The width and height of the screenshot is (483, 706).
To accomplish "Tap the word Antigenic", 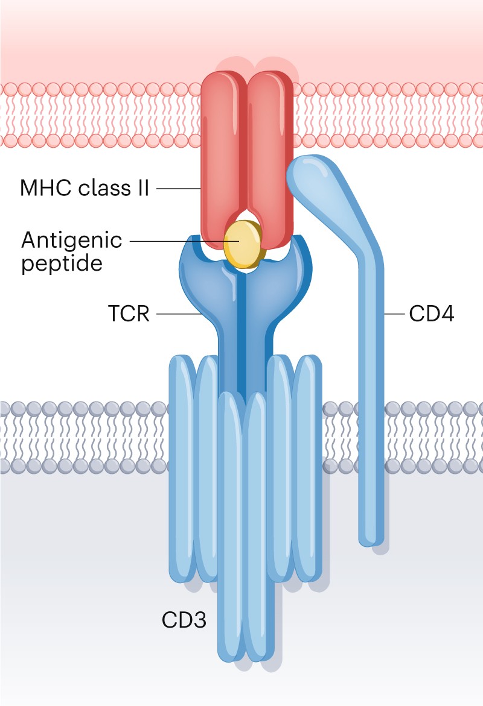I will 71,240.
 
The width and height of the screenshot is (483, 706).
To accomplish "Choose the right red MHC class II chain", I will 270,157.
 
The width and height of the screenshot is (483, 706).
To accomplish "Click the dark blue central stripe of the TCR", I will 243,338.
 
